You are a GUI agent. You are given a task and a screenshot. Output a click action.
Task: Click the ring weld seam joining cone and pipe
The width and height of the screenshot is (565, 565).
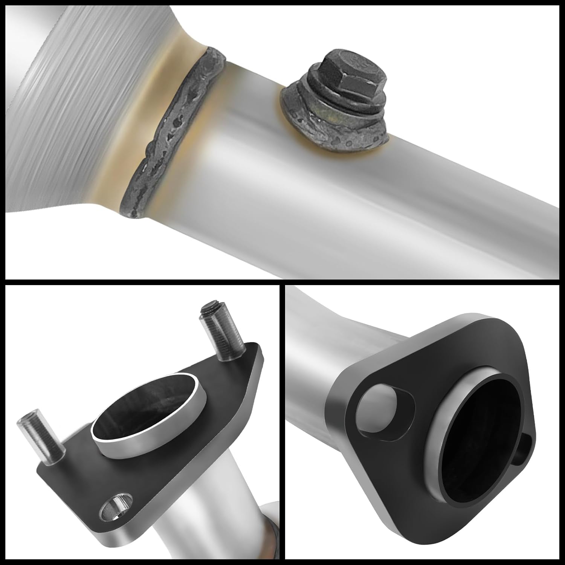171,136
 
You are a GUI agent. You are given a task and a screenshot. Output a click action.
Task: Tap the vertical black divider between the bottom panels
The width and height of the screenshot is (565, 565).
282,422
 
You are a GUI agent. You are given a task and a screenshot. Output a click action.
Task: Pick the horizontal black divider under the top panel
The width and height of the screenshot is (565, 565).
282,282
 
